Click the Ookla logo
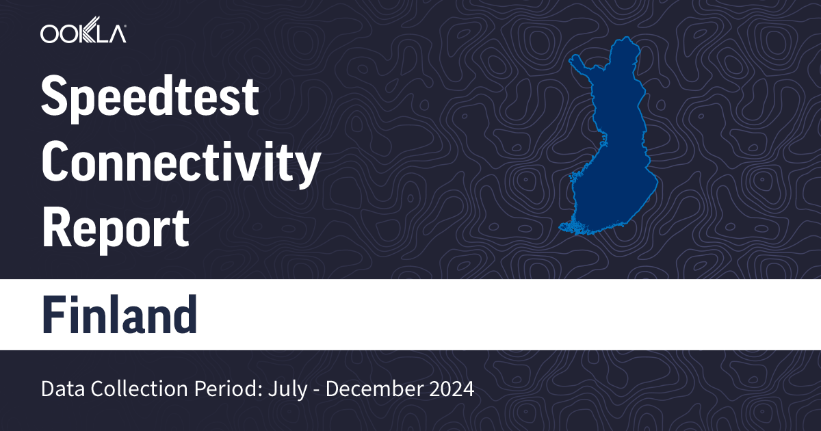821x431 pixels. click(x=83, y=33)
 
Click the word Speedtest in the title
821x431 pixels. click(x=150, y=98)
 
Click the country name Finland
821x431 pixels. click(x=120, y=315)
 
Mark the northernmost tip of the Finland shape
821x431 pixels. click(x=624, y=40)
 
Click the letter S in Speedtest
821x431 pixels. click(x=55, y=98)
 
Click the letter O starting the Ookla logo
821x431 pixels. click(x=49, y=34)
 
